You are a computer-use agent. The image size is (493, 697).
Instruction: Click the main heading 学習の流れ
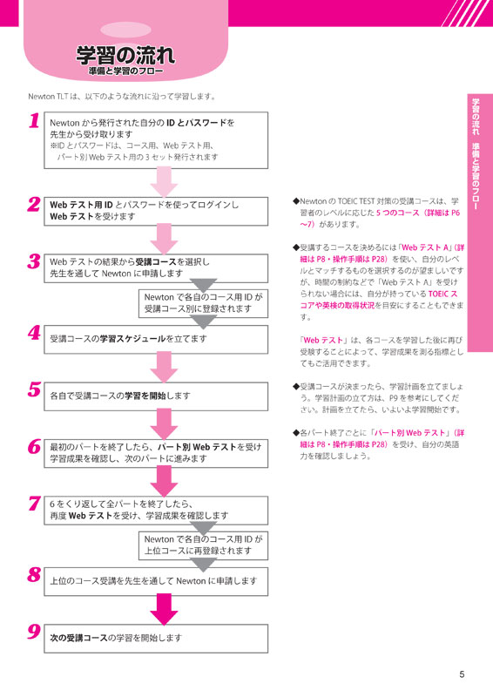coord(125,56)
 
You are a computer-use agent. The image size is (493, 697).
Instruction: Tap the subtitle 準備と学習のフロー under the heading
coord(125,71)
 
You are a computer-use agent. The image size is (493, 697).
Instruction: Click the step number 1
coord(34,120)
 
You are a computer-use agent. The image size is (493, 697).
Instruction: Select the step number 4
coord(34,333)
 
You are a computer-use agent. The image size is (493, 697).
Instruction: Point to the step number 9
coord(34,632)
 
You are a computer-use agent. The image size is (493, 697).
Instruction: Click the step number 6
coord(34,447)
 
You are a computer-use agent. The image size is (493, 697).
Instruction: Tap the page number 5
coord(462,674)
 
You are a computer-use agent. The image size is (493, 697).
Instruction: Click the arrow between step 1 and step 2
coord(164,182)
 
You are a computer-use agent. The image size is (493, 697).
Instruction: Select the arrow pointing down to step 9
coord(164,609)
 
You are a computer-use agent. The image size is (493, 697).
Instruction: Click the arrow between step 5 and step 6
coord(164,424)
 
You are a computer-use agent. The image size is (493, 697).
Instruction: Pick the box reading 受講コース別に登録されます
coord(203,303)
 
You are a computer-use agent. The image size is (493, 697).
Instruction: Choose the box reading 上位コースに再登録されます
coord(203,545)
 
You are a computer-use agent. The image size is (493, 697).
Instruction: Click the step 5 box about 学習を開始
coord(156,396)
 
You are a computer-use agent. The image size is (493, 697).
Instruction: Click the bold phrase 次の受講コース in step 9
coord(79,638)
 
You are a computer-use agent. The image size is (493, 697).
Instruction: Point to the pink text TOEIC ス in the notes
coord(442,294)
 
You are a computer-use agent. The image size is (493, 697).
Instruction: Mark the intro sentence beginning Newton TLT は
coord(122,97)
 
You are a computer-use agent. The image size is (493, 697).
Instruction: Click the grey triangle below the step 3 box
coord(203,286)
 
